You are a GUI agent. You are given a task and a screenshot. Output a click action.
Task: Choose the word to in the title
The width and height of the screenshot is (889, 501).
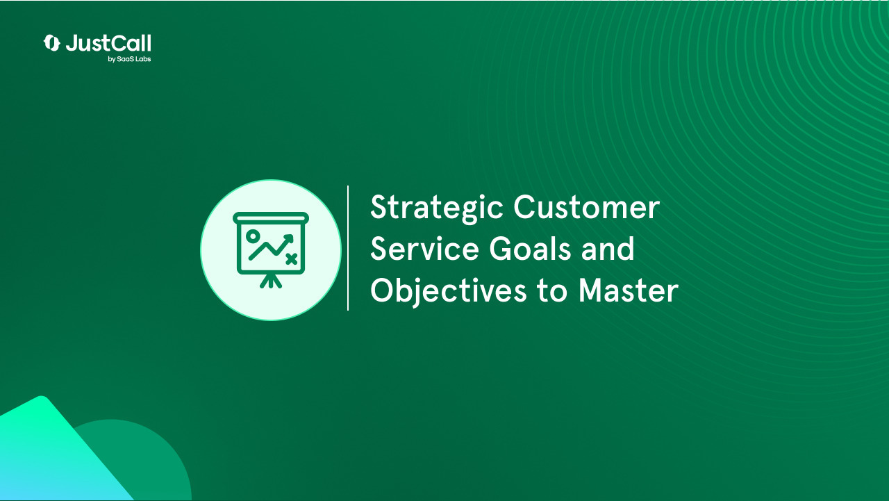[552, 290]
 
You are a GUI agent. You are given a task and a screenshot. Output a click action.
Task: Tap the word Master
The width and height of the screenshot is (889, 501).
[628, 290]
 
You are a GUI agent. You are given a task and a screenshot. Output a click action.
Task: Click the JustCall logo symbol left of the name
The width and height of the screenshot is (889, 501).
[52, 43]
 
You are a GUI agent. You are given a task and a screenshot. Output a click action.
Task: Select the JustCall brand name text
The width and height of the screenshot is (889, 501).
[108, 44]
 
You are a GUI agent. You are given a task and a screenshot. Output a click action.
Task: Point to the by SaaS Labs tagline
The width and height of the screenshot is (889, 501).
[129, 60]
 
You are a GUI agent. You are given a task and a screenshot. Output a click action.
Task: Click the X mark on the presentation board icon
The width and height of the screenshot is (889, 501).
[291, 259]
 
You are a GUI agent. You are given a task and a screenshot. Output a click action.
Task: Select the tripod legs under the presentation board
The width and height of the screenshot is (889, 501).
[271, 281]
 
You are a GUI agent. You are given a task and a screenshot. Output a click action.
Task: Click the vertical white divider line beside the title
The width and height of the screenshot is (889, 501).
[348, 248]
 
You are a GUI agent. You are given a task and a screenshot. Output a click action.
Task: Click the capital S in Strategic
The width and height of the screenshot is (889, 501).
[379, 208]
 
